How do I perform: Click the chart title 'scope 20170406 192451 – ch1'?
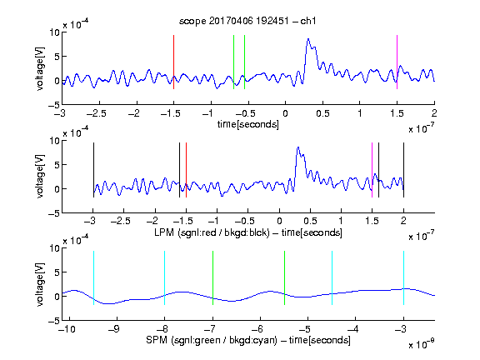point(247,21)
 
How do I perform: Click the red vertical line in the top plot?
point(173,62)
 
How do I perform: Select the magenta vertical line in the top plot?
point(397,62)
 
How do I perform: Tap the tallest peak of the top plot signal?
point(308,39)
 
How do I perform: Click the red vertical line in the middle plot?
point(186,170)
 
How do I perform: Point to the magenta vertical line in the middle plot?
point(372,170)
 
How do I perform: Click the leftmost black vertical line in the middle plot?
point(93,170)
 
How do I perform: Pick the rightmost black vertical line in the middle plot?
point(403,170)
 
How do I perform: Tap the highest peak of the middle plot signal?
point(297,147)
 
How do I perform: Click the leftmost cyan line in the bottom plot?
point(93,277)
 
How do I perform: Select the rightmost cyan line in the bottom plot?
point(403,277)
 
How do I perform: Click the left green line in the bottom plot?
point(212,277)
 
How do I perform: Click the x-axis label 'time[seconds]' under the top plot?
point(248,124)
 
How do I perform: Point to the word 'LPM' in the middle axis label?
point(164,232)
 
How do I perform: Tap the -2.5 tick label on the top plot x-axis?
point(97,113)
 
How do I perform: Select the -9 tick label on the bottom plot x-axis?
point(113,329)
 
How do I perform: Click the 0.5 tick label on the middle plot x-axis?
point(310,222)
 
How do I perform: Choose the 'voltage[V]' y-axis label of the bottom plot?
point(40,284)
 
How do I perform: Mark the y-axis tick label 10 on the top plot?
point(54,32)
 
